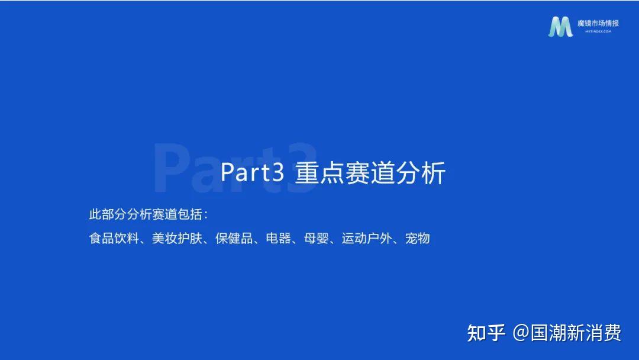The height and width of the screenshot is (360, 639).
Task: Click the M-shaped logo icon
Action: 560,27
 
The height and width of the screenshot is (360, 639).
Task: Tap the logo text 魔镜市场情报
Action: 598,23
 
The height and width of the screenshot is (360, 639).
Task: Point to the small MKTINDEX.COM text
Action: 598,31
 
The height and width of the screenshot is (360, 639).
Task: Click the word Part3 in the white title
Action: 252,172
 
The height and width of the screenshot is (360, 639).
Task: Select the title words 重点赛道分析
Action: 370,173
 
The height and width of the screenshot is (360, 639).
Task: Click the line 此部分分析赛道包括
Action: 146,214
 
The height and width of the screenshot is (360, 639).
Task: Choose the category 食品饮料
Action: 114,238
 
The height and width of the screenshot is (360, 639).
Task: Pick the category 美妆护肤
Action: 177,238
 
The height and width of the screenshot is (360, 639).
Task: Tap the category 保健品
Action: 234,238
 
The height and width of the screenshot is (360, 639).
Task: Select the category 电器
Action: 278,238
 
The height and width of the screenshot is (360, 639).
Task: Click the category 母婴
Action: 316,238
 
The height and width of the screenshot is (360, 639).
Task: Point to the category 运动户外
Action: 367,238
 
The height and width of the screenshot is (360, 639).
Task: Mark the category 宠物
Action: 417,238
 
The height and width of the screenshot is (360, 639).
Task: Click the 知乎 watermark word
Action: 486,333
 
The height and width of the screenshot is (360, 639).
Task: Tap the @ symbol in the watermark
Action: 521,333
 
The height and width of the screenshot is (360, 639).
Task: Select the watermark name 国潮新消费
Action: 576,333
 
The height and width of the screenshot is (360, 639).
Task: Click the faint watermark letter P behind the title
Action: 171,168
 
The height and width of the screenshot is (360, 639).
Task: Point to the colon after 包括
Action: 206,215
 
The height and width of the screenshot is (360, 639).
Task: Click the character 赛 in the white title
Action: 357,173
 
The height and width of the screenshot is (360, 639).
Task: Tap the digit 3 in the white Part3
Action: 277,172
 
